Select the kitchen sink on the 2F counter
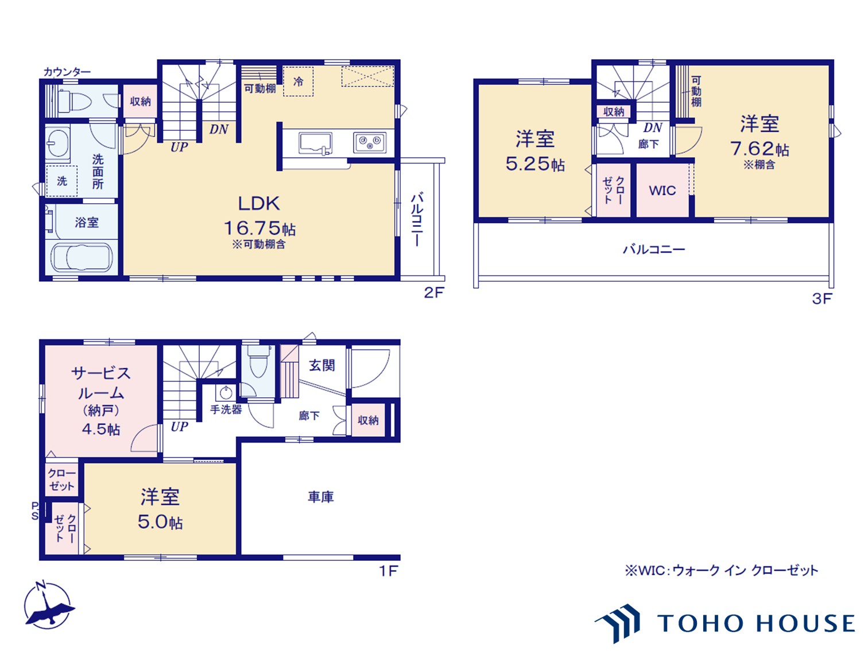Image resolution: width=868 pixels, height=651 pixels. [315, 143]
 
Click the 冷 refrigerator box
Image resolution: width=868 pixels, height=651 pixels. [299, 82]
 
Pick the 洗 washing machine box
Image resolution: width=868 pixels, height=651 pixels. [61, 181]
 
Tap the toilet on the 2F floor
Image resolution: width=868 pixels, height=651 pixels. [75, 100]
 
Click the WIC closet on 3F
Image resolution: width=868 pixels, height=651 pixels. [662, 190]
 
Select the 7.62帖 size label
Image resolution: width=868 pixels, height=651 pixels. [759, 149]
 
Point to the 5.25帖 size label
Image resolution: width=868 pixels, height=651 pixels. [535, 164]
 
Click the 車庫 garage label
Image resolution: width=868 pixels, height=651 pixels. [321, 497]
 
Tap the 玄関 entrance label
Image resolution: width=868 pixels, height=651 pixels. [322, 365]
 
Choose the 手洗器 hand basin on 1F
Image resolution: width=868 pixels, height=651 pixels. [226, 393]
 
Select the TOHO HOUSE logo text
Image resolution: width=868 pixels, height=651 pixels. [756, 623]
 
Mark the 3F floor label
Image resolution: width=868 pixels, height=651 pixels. [822, 299]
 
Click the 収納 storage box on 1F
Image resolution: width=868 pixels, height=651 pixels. [368, 420]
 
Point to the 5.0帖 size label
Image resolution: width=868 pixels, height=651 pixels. [160, 522]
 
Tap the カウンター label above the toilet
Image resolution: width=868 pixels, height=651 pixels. [67, 72]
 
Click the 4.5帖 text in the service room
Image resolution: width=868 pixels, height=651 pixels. [101, 429]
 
